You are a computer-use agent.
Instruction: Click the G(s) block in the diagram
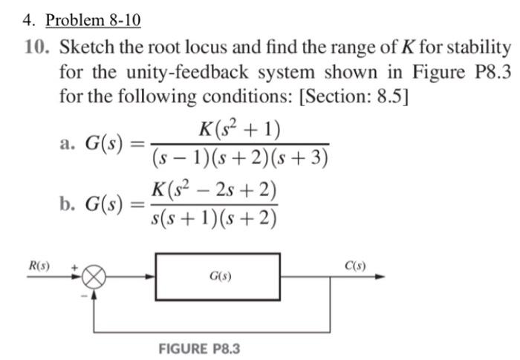tap(218, 277)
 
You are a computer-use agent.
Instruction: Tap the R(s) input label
tap(39, 266)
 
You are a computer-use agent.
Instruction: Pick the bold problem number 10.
tap(36, 48)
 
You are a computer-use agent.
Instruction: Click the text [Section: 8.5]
tap(360, 96)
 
